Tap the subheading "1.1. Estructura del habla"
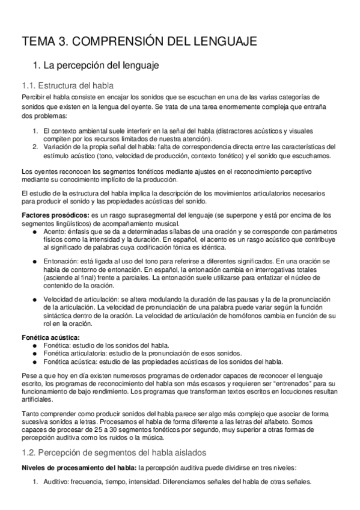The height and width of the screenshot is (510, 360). click(x=67, y=85)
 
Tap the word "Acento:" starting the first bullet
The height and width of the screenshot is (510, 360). click(x=55, y=231)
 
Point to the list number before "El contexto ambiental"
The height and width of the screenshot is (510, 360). click(x=35, y=131)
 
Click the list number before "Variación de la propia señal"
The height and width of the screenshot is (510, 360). click(x=35, y=147)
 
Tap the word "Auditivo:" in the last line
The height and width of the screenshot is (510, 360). click(x=56, y=482)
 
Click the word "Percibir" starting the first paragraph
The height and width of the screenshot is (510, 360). click(x=33, y=97)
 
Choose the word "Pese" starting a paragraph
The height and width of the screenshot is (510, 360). click(x=29, y=375)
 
